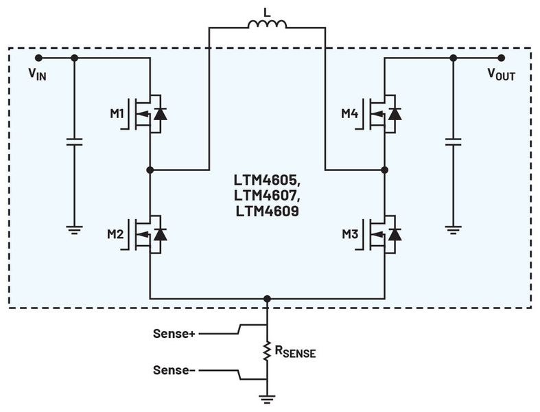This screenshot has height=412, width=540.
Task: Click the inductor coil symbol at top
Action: point(267,26)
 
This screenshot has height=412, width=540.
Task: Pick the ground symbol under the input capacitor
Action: point(74,230)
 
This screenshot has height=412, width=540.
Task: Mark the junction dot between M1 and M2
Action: point(150,168)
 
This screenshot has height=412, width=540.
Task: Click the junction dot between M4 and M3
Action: point(385,168)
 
